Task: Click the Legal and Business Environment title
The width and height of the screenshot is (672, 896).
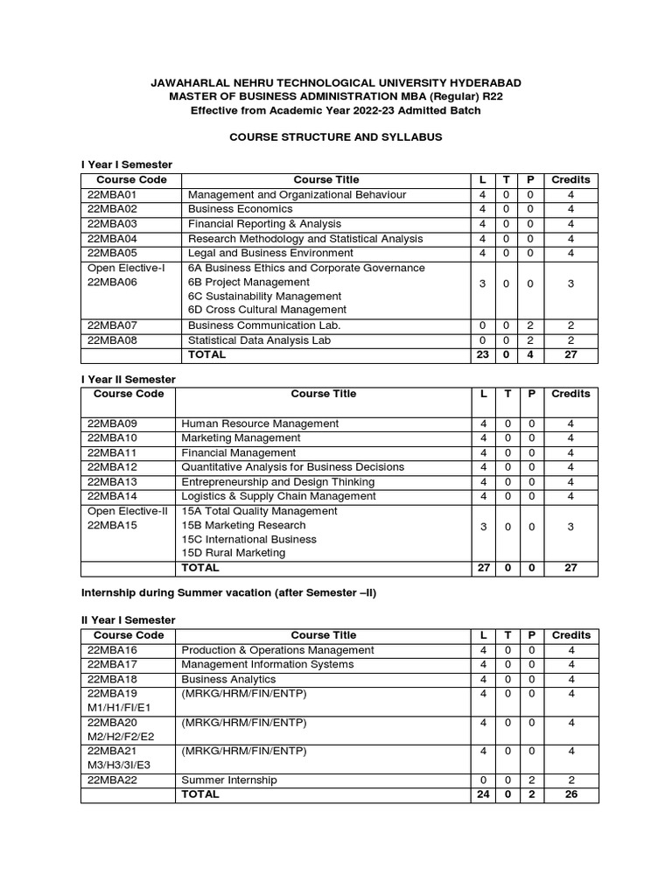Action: point(259,253)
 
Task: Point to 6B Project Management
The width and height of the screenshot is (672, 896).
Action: point(248,282)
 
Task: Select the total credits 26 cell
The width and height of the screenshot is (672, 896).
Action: point(570,794)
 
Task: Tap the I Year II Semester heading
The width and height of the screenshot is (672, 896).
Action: point(128,379)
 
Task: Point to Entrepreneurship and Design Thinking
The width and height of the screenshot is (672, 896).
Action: point(277,482)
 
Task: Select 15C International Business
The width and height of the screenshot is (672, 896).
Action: point(248,539)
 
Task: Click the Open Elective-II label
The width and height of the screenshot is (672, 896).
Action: point(126,511)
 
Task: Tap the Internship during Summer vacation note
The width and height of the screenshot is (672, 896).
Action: point(228,592)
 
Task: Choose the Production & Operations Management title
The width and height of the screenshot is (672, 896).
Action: point(277,650)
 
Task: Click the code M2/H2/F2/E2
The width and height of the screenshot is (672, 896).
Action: point(120,737)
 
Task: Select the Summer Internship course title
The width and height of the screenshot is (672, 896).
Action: point(228,780)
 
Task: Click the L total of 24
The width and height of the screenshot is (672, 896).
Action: point(483,794)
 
